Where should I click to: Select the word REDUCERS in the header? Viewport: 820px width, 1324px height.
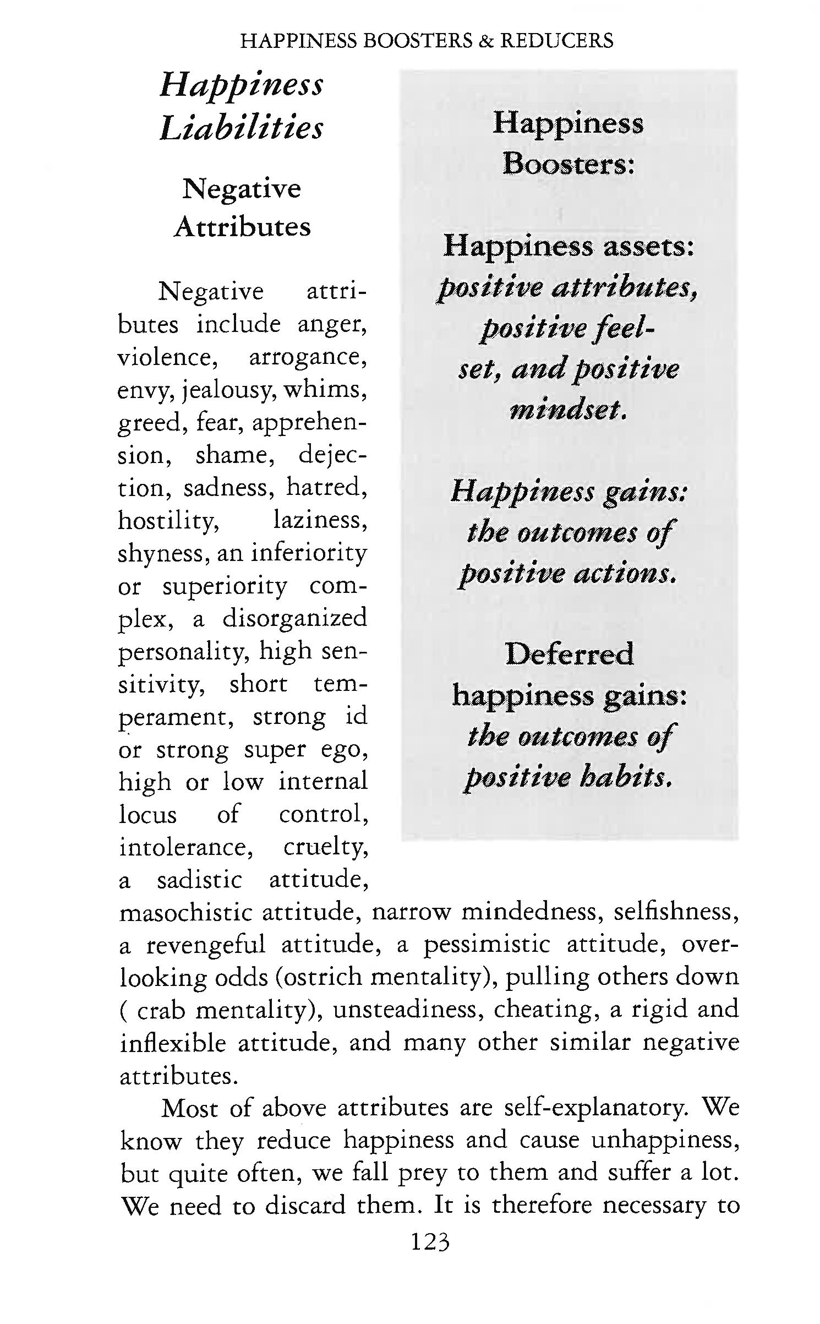(556, 41)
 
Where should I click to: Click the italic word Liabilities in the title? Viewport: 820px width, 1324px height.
(242, 128)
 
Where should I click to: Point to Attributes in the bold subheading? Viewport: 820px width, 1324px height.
(242, 227)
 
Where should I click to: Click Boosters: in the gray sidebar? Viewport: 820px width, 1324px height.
(568, 164)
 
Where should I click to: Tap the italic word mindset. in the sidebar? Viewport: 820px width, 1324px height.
(568, 410)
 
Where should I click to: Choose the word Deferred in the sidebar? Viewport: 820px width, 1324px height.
(569, 654)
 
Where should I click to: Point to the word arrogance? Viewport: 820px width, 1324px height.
(308, 357)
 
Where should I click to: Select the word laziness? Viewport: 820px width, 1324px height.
(320, 520)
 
